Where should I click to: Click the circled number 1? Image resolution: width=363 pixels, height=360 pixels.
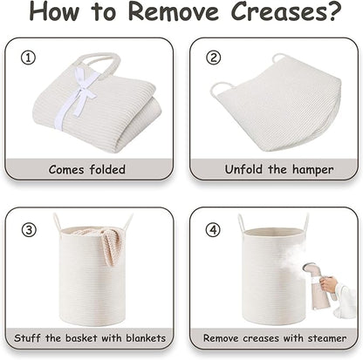pyautogui.click(x=28, y=58)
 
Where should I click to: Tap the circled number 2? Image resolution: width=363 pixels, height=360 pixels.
pyautogui.click(x=214, y=58)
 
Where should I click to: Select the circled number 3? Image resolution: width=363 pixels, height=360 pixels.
pyautogui.click(x=29, y=230)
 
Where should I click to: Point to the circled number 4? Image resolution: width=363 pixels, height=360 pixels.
pyautogui.click(x=213, y=230)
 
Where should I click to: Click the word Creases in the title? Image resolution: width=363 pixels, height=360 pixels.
pyautogui.click(x=278, y=11)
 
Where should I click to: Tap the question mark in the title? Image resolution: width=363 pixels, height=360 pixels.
pyautogui.click(x=335, y=11)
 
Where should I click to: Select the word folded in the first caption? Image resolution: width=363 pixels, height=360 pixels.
pyautogui.click(x=107, y=169)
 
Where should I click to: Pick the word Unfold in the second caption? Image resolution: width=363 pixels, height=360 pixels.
pyautogui.click(x=243, y=169)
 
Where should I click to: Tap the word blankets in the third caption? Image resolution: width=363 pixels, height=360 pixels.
pyautogui.click(x=146, y=338)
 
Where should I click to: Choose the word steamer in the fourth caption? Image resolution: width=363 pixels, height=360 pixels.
pyautogui.click(x=327, y=338)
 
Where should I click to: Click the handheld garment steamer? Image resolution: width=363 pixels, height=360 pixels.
pyautogui.click(x=320, y=286)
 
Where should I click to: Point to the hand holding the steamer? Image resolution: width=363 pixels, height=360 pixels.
pyautogui.click(x=330, y=284)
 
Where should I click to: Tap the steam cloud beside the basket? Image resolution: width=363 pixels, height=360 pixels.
pyautogui.click(x=292, y=255)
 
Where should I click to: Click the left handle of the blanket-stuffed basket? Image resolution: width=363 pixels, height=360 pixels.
pyautogui.click(x=57, y=222)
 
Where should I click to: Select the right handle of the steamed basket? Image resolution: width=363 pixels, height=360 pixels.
pyautogui.click(x=305, y=222)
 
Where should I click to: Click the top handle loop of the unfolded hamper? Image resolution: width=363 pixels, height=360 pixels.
pyautogui.click(x=278, y=58)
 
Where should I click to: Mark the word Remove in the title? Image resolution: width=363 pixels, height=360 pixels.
pyautogui.click(x=174, y=11)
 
